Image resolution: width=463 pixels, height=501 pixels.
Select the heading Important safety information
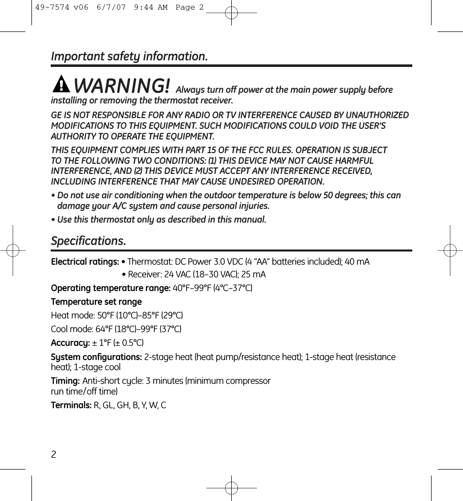pyautogui.click(x=129, y=56)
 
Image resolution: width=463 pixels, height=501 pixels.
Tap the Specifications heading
pyautogui.click(x=88, y=240)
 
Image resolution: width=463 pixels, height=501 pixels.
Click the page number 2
pyautogui.click(x=54, y=454)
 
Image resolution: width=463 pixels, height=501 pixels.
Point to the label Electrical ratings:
pyautogui.click(x=85, y=262)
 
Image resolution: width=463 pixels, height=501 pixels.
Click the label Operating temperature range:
pyautogui.click(x=111, y=288)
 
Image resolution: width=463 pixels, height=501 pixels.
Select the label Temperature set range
pyautogui.click(x=96, y=302)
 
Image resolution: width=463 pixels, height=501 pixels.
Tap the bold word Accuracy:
pyautogui.click(x=70, y=343)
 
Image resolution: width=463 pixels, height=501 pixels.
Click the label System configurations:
pyautogui.click(x=96, y=357)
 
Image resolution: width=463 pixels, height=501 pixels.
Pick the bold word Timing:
pyautogui.click(x=65, y=381)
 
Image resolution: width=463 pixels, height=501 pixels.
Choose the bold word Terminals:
pyautogui.click(x=71, y=405)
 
